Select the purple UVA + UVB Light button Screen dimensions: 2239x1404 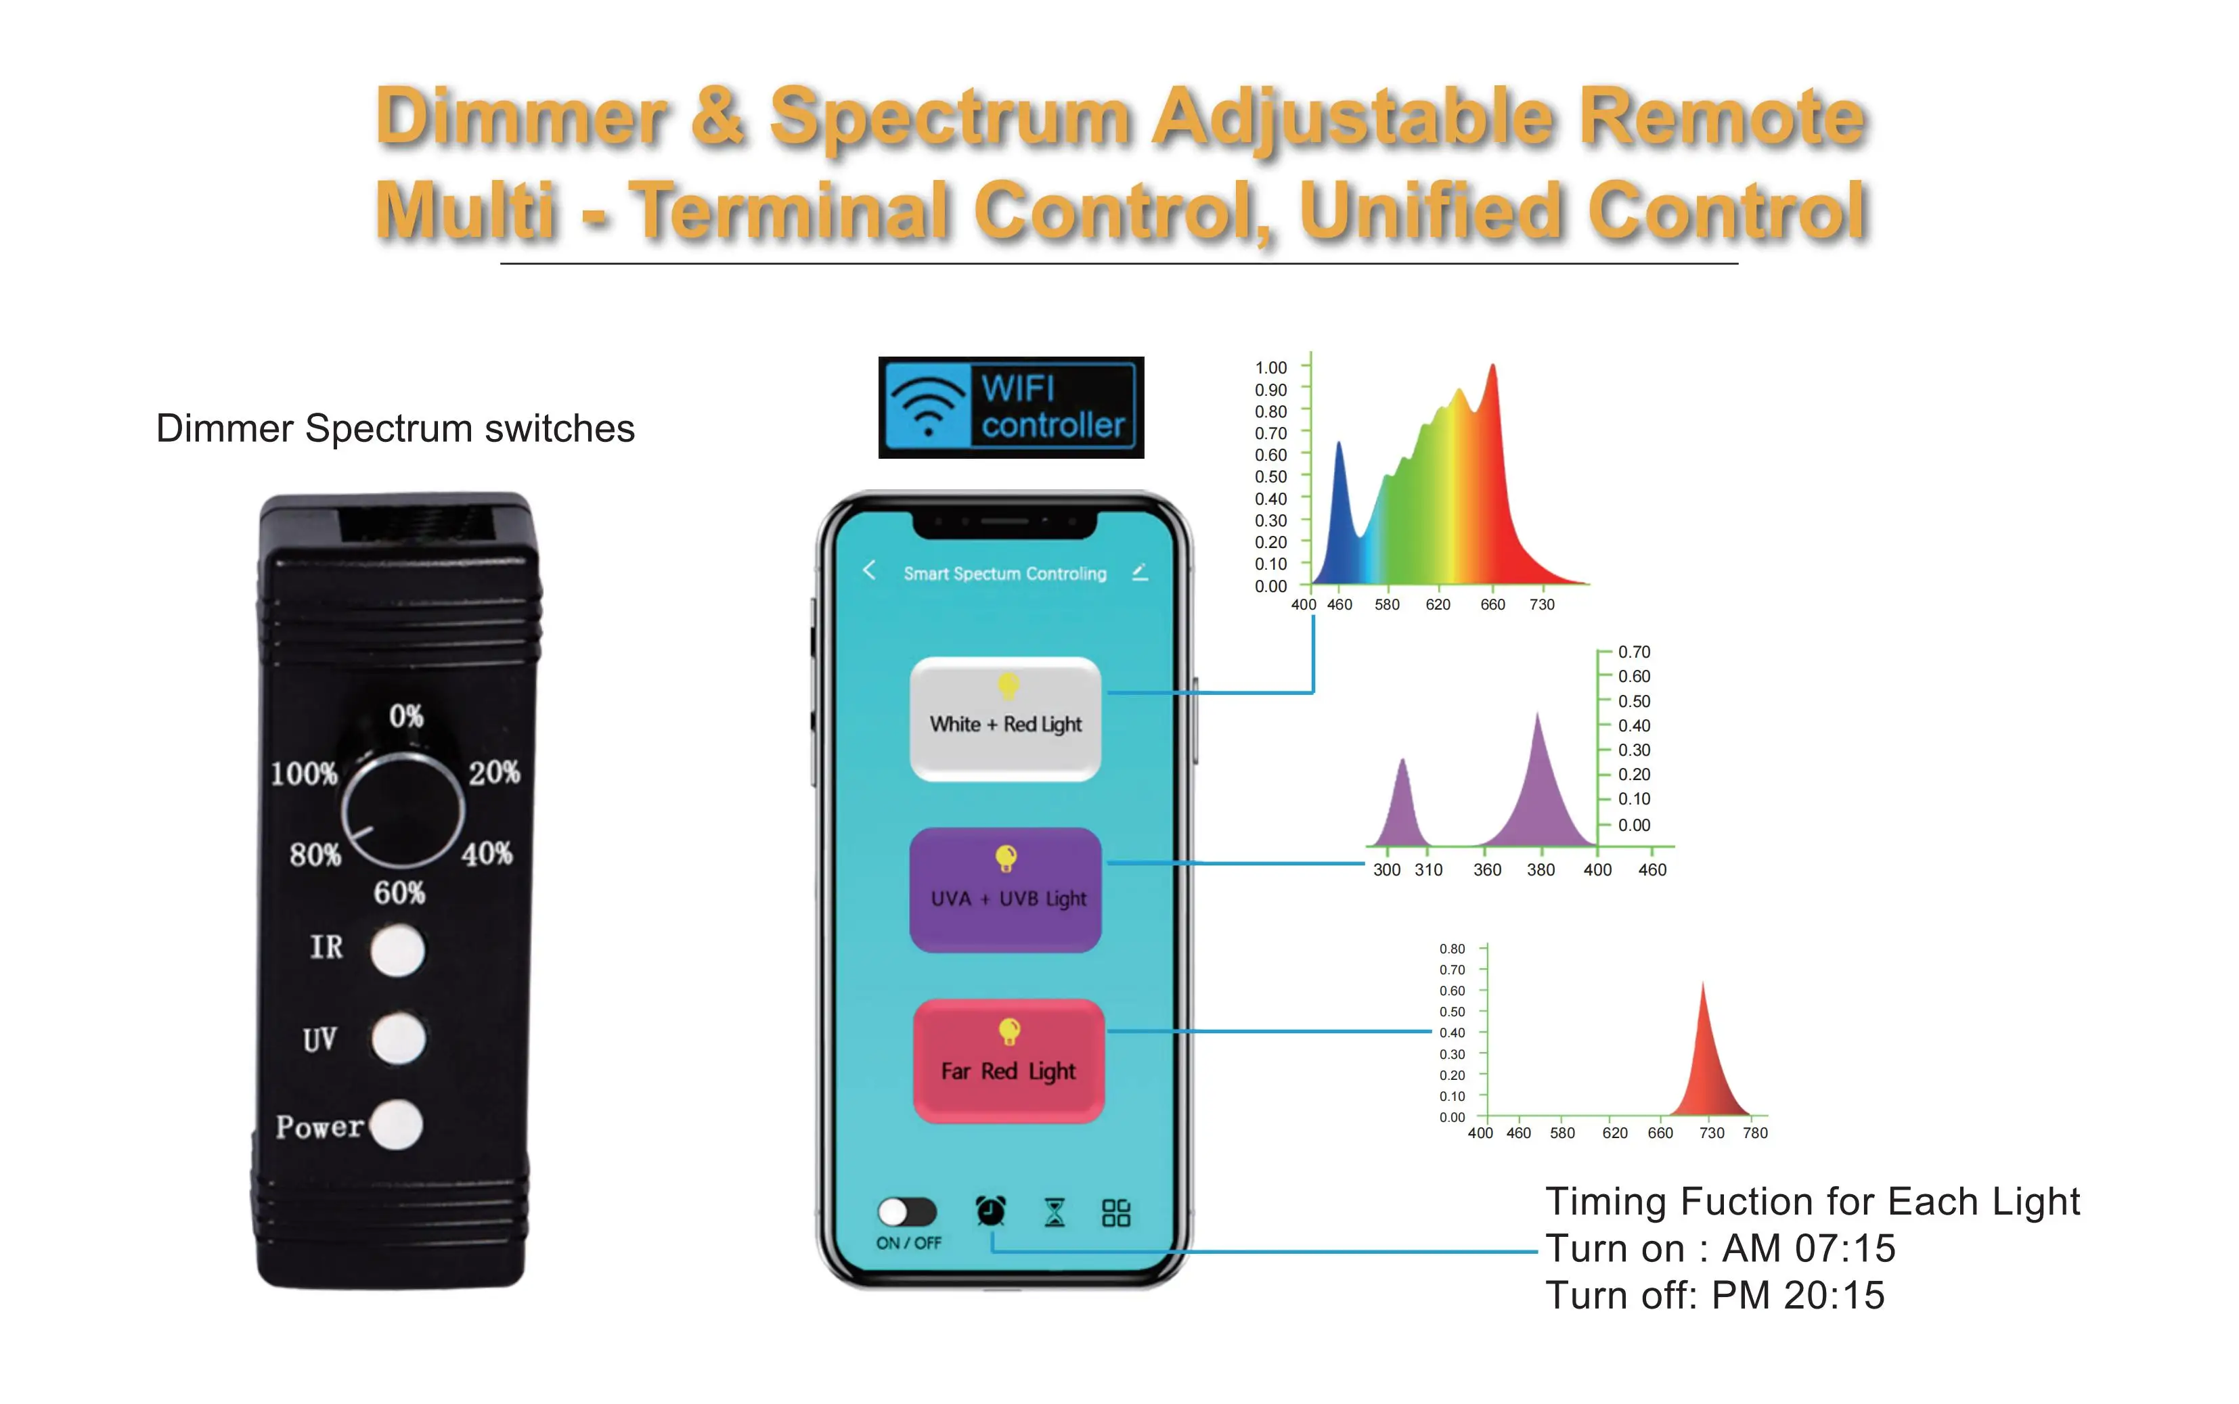(1005, 890)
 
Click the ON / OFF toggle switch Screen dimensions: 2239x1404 (906, 1211)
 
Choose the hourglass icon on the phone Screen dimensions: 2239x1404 (1054, 1212)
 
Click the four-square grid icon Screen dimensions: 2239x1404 (1115, 1212)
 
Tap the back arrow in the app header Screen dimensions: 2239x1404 (869, 570)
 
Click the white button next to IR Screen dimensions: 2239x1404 (397, 950)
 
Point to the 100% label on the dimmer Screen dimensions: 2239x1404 (304, 773)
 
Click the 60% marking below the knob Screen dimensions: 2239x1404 (399, 892)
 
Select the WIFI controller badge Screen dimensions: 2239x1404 (1011, 407)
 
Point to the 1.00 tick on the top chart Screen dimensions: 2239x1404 (1270, 367)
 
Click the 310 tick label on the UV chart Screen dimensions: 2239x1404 (1428, 870)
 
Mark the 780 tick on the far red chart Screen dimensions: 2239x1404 (1755, 1133)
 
